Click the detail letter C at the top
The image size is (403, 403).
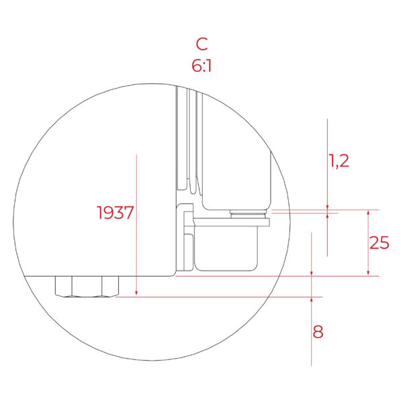coord(201,44)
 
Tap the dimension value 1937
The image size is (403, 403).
coord(116,213)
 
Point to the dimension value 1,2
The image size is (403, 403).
coord(339,161)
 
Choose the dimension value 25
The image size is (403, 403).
coord(379,243)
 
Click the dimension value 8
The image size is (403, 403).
coord(318,332)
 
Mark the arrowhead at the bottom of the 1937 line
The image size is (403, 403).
coord(136,292)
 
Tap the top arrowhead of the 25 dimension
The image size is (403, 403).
coord(368,213)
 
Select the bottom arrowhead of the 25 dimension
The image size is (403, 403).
coord(368,272)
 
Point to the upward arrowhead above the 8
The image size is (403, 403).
coord(312,300)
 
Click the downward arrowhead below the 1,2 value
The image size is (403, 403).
coord(327,206)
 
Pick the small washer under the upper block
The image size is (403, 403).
coord(248,214)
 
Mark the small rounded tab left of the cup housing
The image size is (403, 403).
coord(189,249)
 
